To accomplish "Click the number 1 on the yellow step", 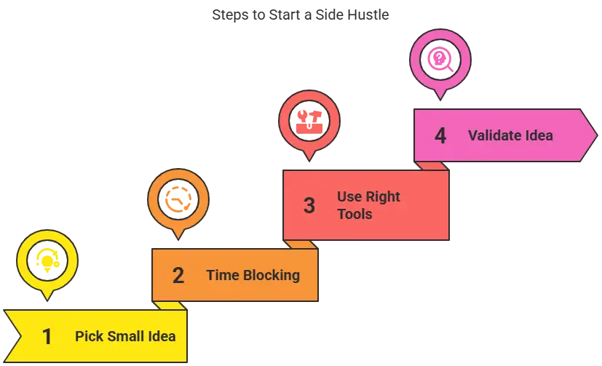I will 47,337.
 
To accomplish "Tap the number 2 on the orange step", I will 178,276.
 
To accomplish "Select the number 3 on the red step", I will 309,206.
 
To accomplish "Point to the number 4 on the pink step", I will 440,136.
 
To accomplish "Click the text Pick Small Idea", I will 125,337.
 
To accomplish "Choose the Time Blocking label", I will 253,275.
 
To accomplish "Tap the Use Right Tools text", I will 368,205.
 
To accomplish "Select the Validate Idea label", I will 510,135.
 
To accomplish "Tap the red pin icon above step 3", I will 309,120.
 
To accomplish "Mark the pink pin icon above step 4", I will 440,57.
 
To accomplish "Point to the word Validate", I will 494,135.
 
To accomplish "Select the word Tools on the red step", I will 355,214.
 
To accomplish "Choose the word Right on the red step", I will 383,196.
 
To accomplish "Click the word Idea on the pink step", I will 539,135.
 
